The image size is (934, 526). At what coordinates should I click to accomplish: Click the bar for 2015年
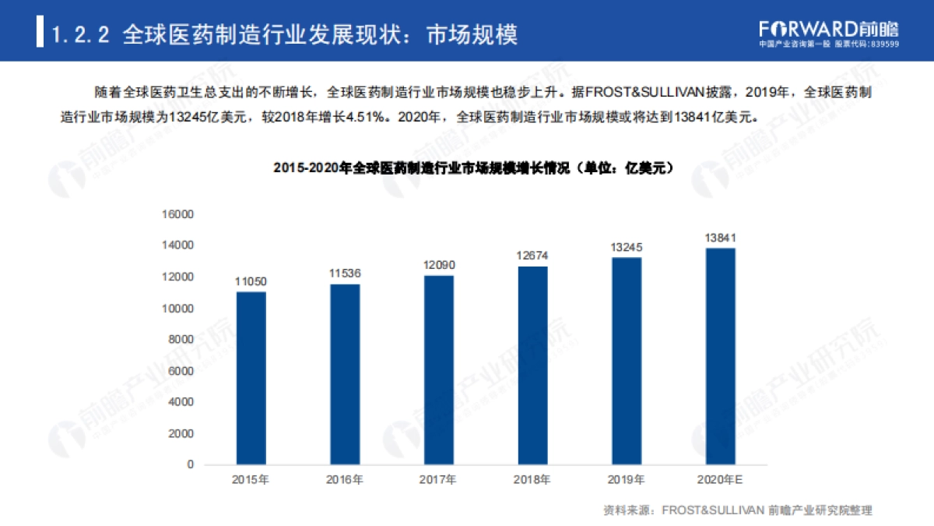tap(251, 378)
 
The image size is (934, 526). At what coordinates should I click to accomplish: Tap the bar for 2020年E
tap(720, 356)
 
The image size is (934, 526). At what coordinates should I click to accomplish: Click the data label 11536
tap(345, 274)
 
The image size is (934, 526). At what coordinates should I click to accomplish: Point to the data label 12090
tap(439, 265)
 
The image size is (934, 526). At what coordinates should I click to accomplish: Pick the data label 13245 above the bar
tap(627, 247)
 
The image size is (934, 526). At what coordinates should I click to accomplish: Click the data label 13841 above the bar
tap(720, 238)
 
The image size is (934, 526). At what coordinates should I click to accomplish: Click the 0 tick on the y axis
tap(189, 464)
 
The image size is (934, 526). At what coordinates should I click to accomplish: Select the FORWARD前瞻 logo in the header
tap(828, 30)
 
